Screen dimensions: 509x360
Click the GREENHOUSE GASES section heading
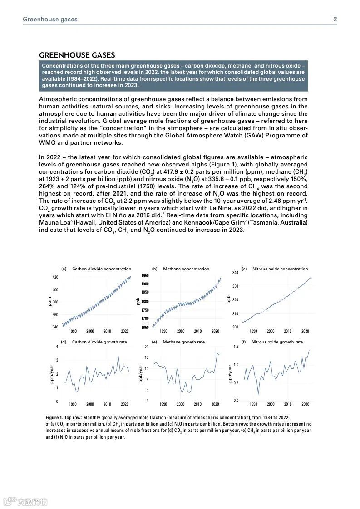pos(77,55)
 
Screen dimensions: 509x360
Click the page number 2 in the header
pos(335,19)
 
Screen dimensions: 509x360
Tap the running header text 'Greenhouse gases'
pos(50,19)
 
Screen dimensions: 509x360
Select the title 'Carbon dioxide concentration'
pos(102,269)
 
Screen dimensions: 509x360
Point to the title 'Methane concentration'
pos(186,269)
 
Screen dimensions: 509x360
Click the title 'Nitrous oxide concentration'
pos(280,269)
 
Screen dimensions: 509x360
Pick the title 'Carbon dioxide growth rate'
pos(99,342)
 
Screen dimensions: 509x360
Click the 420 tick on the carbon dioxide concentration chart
pos(55,277)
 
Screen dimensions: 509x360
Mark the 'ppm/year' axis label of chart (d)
pos(53,374)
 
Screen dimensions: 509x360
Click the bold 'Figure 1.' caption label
pos(54,417)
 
